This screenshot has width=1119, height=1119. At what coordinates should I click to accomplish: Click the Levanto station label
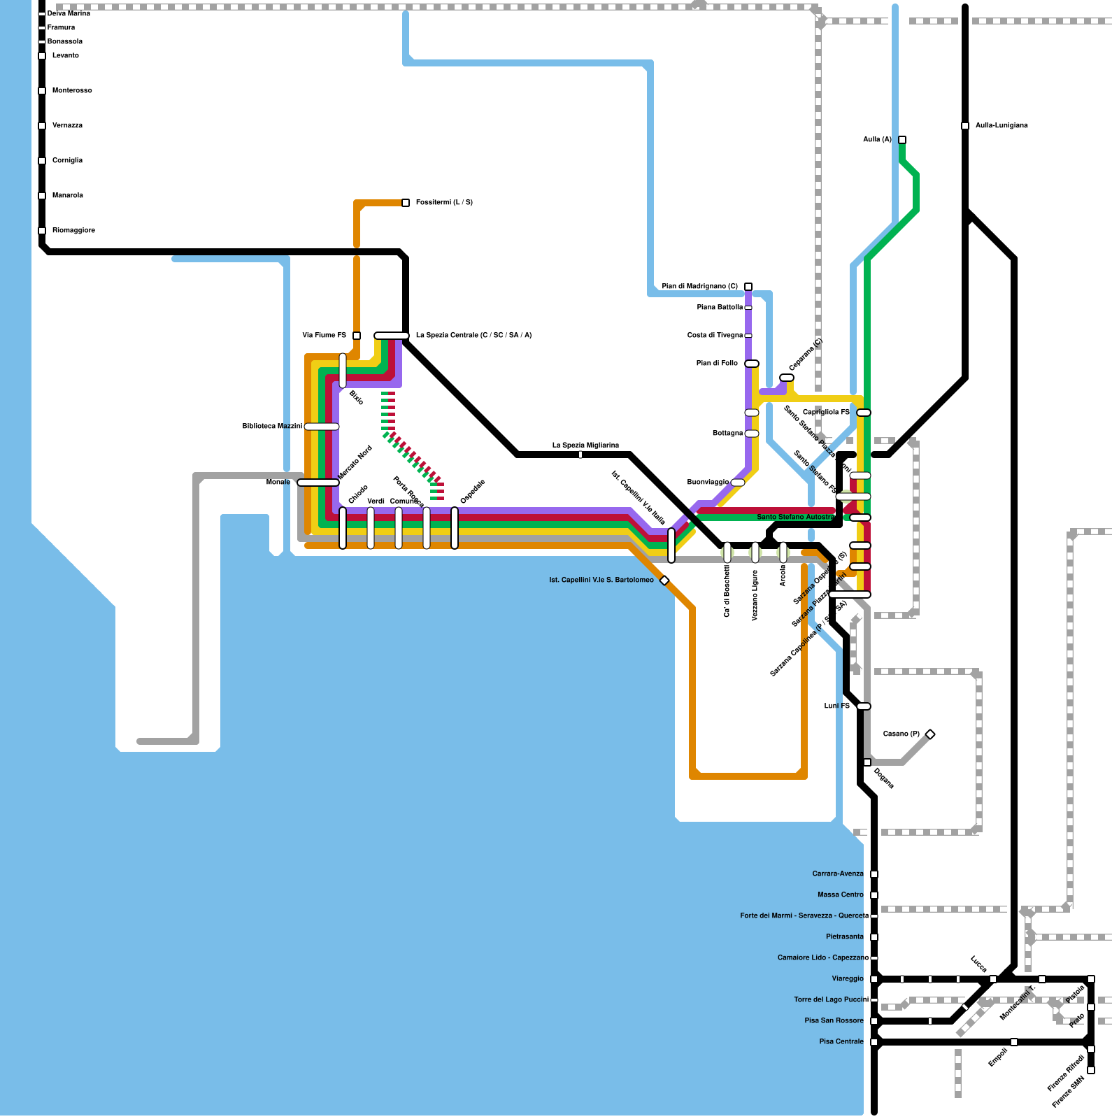tap(65, 56)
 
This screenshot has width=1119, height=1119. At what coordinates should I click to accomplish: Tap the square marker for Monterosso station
tap(42, 91)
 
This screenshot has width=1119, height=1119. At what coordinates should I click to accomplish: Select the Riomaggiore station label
tap(73, 231)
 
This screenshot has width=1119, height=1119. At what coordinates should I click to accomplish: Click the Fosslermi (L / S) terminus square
tap(406, 203)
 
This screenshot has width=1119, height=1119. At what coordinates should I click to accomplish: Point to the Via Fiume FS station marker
tap(357, 336)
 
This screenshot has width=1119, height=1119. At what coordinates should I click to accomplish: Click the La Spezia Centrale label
tap(473, 336)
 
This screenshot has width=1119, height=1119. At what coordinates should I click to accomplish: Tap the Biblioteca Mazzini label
tap(272, 427)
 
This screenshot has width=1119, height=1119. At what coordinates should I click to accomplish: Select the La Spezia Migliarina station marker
tap(580, 455)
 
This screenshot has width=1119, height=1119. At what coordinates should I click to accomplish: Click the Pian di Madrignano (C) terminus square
tap(748, 287)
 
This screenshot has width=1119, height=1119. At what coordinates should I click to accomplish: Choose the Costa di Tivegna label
tap(715, 336)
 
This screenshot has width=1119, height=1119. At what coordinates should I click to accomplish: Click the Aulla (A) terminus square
tap(902, 140)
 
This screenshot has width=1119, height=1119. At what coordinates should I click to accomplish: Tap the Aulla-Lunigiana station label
tap(1002, 126)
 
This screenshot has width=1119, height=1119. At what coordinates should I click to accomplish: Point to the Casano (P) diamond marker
tap(930, 734)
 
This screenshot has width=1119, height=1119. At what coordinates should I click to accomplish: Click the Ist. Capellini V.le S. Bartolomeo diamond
tap(664, 580)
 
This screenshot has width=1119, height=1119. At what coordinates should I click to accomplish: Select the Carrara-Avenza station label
tap(838, 874)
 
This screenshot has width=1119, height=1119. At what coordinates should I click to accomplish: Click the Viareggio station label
tap(848, 979)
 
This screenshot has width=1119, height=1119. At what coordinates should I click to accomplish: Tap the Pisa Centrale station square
tap(874, 1042)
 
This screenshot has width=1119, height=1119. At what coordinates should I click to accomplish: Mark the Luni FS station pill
tap(864, 706)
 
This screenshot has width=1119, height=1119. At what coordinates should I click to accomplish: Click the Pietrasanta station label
tap(844, 937)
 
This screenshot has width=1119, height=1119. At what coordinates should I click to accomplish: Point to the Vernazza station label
tap(67, 126)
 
